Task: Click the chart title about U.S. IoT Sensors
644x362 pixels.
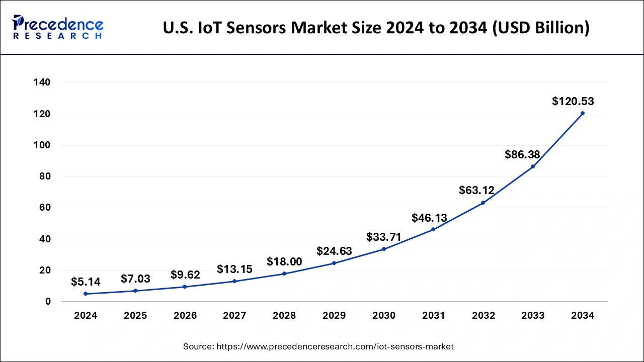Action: (376, 28)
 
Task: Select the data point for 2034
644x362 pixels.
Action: (583, 113)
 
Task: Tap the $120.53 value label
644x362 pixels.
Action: (573, 102)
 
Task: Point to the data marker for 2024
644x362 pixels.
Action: (86, 294)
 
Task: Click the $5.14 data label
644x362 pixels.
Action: (86, 282)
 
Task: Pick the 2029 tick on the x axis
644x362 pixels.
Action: (334, 316)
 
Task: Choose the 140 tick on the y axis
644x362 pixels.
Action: (42, 82)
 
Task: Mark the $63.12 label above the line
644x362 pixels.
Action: (476, 191)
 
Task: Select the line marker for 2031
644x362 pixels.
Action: (433, 229)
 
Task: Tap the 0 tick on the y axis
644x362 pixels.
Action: (48, 302)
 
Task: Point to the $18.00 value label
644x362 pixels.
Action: (284, 262)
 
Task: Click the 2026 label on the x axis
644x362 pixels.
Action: (185, 316)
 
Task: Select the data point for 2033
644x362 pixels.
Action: (533, 166)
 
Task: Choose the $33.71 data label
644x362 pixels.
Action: (383, 237)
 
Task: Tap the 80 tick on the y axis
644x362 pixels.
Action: (45, 176)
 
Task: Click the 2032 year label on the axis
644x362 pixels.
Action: (483, 316)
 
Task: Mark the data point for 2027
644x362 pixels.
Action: (234, 281)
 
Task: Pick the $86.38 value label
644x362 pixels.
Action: (522, 155)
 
